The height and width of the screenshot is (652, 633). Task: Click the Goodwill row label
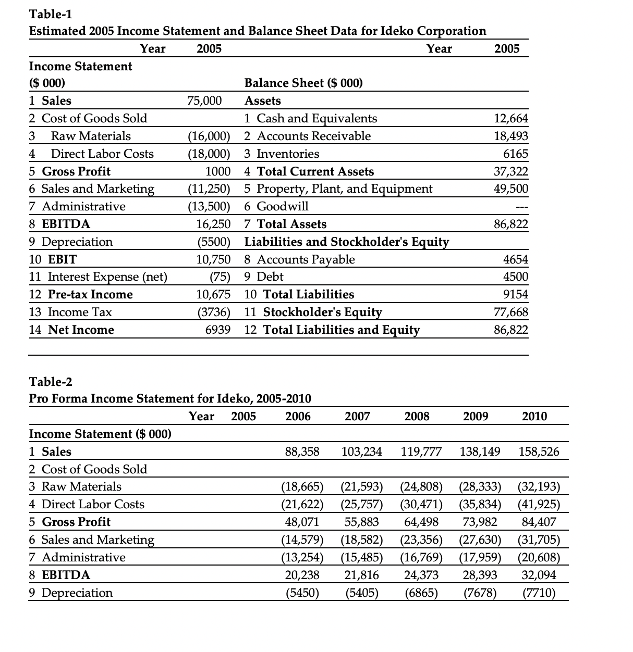tap(276, 206)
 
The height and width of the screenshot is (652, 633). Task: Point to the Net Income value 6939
tap(218, 330)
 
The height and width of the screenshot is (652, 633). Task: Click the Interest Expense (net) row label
tap(98, 277)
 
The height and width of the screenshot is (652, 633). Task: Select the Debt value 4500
tap(515, 277)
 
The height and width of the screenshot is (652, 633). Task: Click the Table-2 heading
tap(51, 382)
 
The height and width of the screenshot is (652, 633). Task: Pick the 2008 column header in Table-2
tap(417, 416)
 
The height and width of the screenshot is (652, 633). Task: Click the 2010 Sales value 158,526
tap(539, 452)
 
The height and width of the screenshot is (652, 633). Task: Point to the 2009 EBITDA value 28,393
tap(480, 575)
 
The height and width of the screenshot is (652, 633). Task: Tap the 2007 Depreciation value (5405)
tap(361, 593)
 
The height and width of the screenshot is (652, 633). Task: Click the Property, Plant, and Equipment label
tap(338, 189)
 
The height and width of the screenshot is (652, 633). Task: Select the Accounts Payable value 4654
tap(515, 259)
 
